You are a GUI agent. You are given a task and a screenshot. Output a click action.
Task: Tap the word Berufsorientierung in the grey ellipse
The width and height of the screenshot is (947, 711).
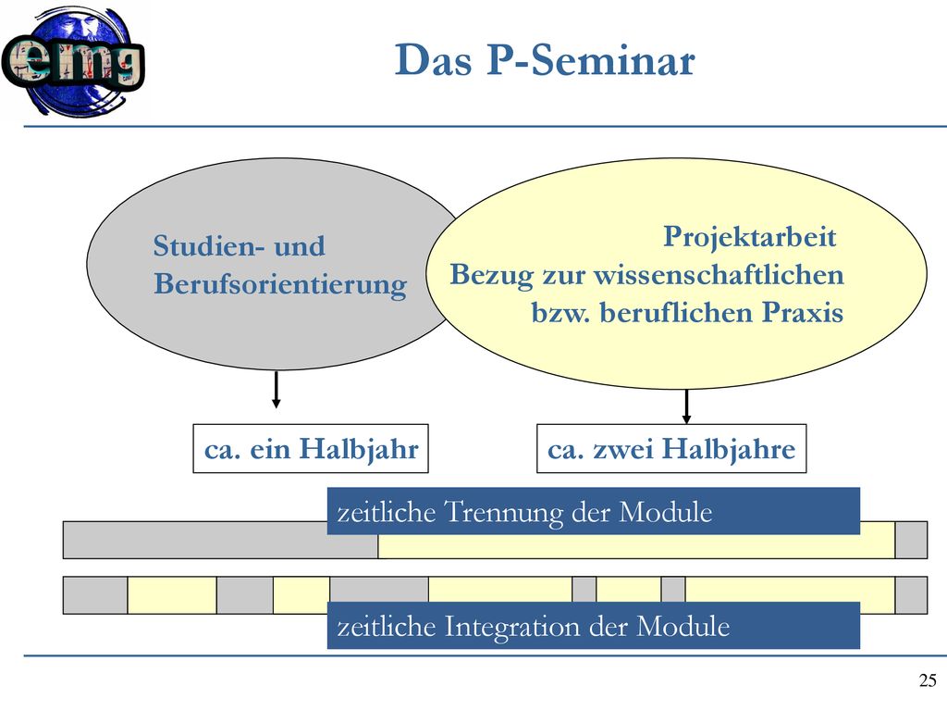pyautogui.click(x=280, y=284)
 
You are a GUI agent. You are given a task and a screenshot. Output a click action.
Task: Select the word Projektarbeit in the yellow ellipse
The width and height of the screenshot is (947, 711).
pyautogui.click(x=749, y=236)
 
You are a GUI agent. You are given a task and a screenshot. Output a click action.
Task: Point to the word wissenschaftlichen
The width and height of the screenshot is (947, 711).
pyautogui.click(x=719, y=274)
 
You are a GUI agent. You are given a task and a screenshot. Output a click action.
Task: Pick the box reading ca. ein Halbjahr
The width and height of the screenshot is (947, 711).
pyautogui.click(x=311, y=449)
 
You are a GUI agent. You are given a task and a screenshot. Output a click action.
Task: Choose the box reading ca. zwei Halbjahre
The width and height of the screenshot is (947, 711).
pyautogui.click(x=671, y=449)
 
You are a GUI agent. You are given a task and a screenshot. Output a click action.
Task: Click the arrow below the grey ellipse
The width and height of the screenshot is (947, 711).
pyautogui.click(x=276, y=390)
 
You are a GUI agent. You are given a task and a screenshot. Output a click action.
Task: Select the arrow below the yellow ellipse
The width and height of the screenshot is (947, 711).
pyautogui.click(x=686, y=406)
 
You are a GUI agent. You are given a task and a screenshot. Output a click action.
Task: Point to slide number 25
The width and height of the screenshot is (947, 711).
pyautogui.click(x=928, y=680)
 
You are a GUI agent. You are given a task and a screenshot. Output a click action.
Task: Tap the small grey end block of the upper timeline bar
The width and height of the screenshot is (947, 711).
pyautogui.click(x=911, y=540)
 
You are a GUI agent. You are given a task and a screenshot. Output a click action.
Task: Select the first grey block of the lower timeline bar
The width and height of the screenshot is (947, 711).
pyautogui.click(x=95, y=595)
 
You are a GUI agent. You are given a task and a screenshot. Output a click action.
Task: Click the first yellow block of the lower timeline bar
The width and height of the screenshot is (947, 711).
pyautogui.click(x=172, y=595)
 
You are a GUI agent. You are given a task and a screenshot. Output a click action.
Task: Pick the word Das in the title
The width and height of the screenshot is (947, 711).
pyautogui.click(x=433, y=60)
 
